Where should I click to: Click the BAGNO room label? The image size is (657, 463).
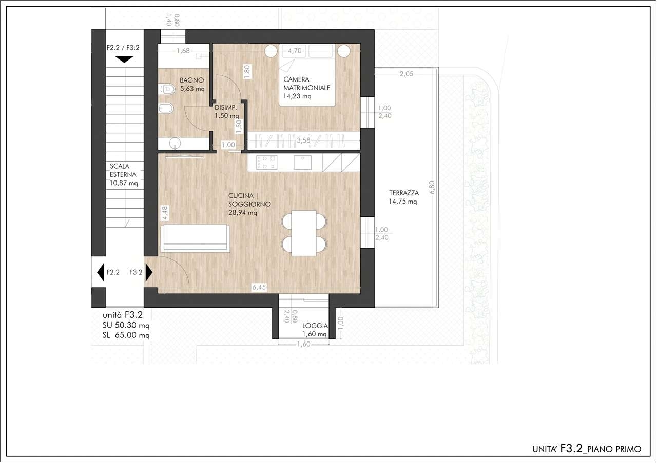click(192, 80)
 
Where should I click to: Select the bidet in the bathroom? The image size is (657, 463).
click(166, 108)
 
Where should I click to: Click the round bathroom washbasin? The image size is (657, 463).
click(175, 143)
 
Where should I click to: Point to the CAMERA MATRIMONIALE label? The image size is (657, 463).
click(306, 84)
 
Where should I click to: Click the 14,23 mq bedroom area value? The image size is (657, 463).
click(297, 96)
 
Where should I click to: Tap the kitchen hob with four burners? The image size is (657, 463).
click(266, 163)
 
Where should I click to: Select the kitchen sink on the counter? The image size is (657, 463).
click(302, 163)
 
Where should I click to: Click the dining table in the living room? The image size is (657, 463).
click(304, 233)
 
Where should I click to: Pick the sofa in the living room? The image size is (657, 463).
click(195, 238)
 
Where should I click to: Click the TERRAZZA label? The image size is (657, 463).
click(404, 193)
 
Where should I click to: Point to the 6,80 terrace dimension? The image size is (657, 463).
click(432, 188)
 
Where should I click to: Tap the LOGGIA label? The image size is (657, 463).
click(315, 326)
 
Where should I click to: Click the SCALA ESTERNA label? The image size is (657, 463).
click(123, 170)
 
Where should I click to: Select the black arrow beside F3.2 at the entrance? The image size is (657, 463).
click(149, 273)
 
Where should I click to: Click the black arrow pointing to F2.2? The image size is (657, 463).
click(101, 273)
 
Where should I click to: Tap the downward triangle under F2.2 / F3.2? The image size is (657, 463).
click(124, 59)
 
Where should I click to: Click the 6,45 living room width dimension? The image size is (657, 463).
click(259, 288)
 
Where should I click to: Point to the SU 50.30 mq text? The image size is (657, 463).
click(126, 325)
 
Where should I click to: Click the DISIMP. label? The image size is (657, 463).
click(225, 108)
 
